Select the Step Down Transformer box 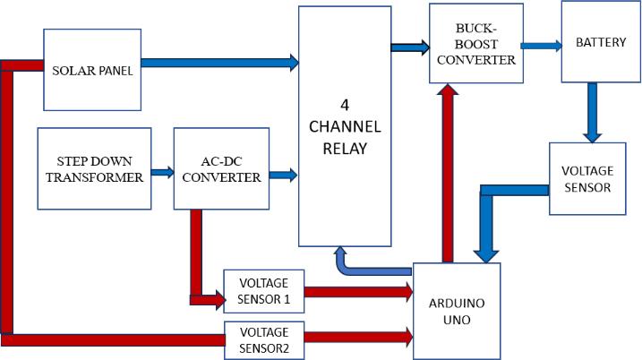pyautogui.click(x=94, y=169)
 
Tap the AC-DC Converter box pyautogui.click(x=218, y=169)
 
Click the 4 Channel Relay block pyautogui.click(x=346, y=125)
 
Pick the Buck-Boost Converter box pyautogui.click(x=475, y=44)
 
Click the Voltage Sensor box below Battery pyautogui.click(x=586, y=178)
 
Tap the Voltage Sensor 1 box pyautogui.click(x=264, y=291)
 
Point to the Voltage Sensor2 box pyautogui.click(x=264, y=339)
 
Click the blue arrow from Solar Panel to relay pyautogui.click(x=220, y=63)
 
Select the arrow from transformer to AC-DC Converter pyautogui.click(x=162, y=170)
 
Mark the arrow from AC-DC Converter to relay pyautogui.click(x=282, y=175)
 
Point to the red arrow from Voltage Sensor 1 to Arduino pyautogui.click(x=358, y=291)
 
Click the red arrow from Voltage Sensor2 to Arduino pyautogui.click(x=358, y=338)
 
